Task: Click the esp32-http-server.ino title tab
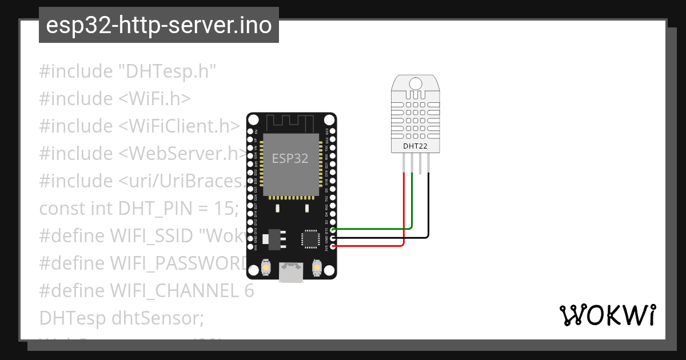point(158,25)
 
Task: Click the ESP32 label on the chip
point(290,158)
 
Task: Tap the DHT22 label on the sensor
point(416,146)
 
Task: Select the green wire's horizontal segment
point(372,229)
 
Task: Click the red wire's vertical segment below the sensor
point(404,206)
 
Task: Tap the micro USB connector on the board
point(291,272)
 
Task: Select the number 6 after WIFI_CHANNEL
point(248,291)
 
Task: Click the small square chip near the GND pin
point(310,238)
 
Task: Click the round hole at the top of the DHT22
point(416,83)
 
